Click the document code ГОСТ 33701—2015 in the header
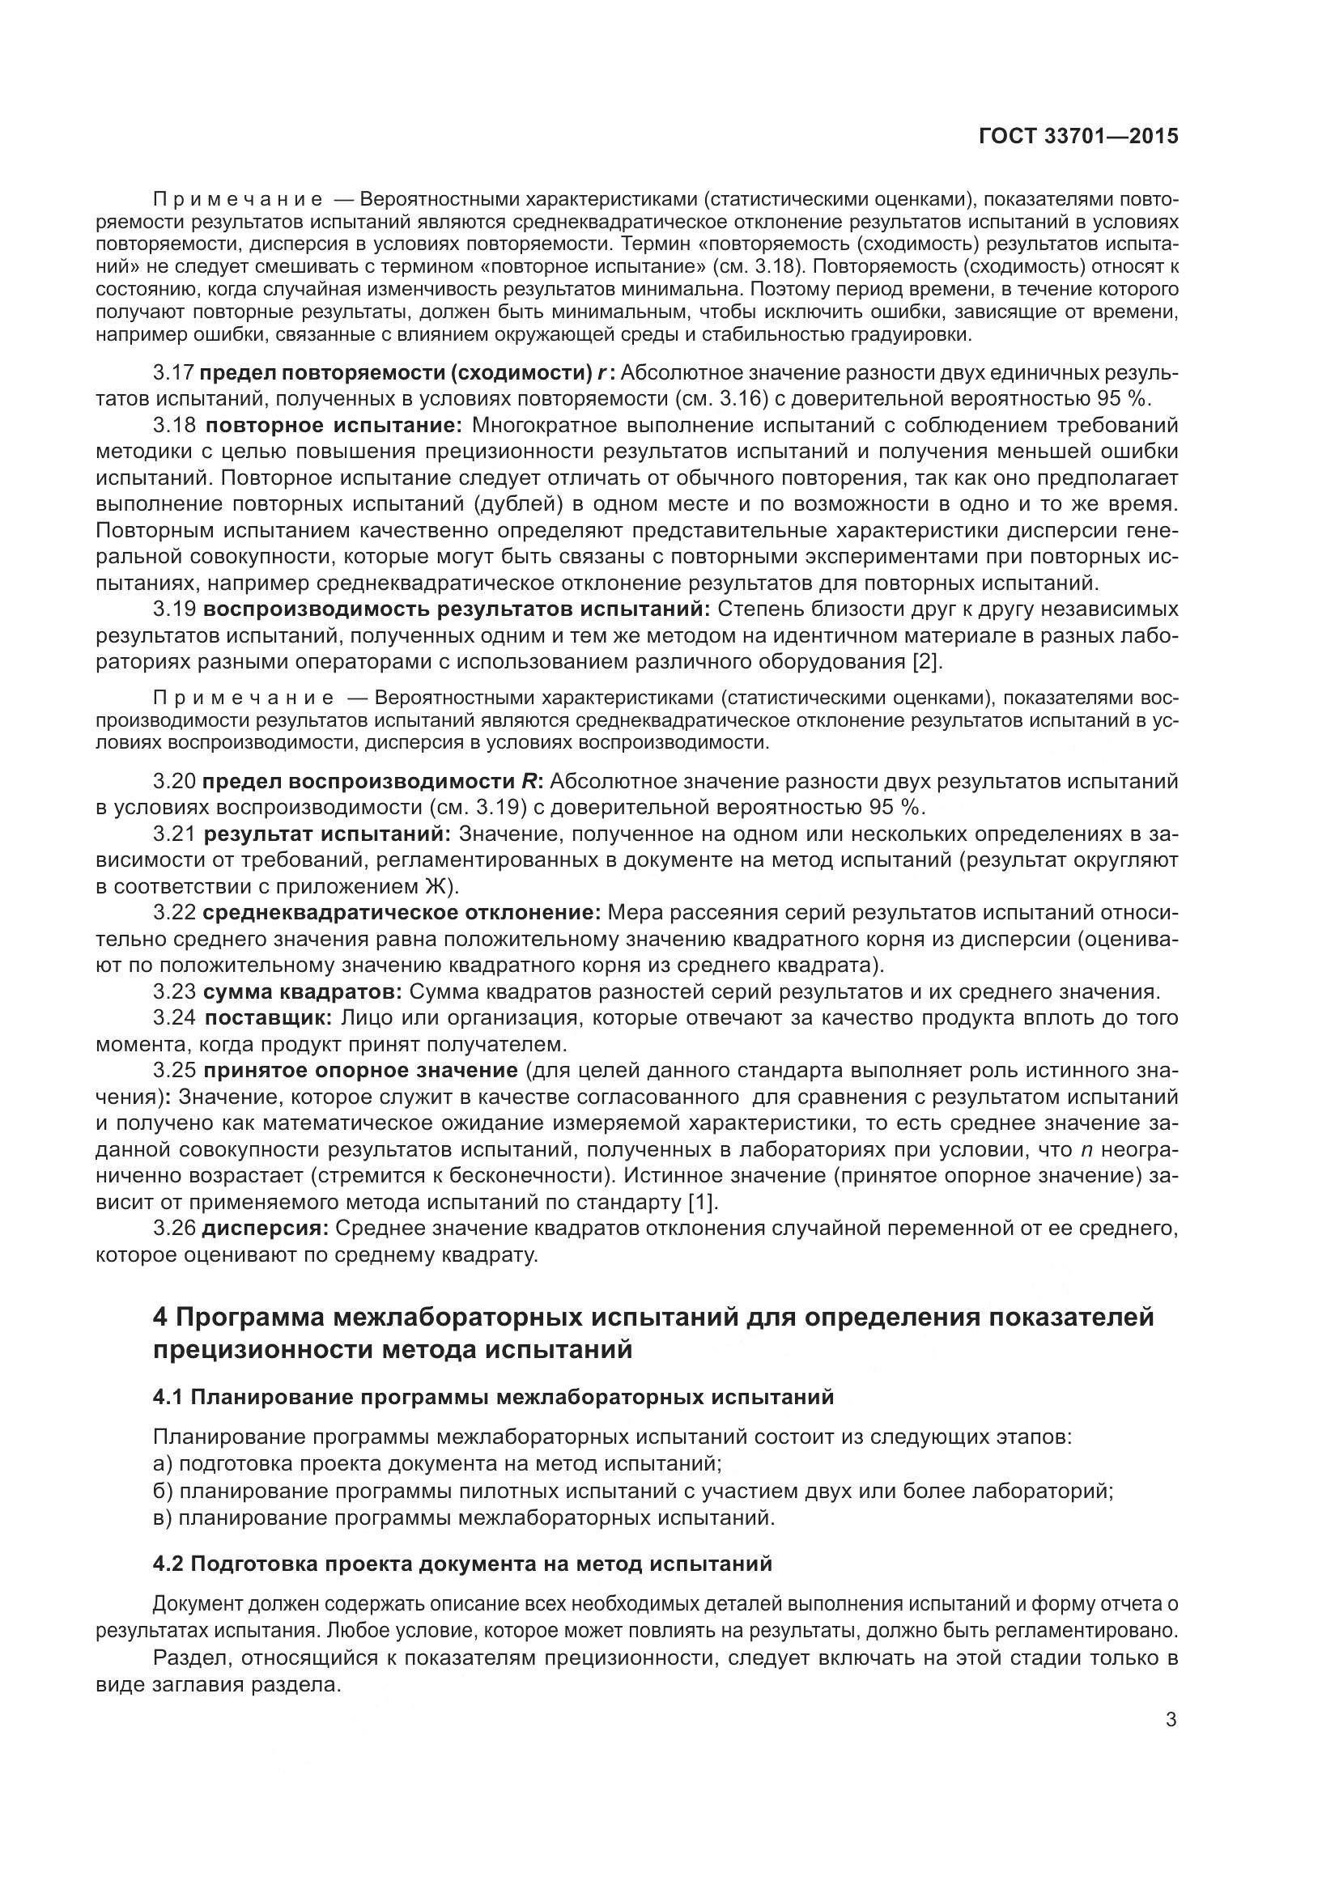pyautogui.click(x=1078, y=136)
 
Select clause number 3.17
pyautogui.click(x=173, y=372)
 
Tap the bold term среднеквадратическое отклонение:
pyautogui.click(x=402, y=913)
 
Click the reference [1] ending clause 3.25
pyautogui.click(x=702, y=1202)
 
